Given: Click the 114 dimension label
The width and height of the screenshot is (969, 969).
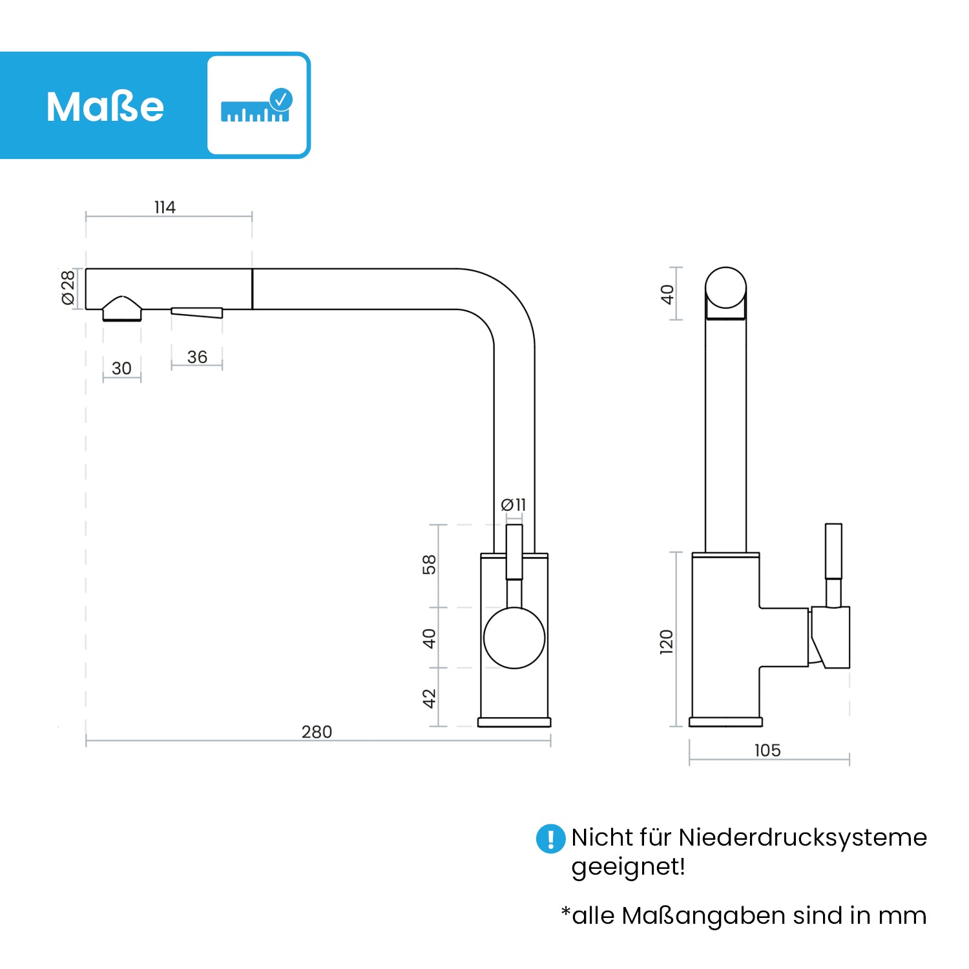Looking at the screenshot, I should pos(165,207).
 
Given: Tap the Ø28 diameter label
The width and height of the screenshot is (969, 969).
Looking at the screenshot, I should pos(68,287).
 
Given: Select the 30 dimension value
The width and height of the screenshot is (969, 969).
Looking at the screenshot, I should pos(121,368).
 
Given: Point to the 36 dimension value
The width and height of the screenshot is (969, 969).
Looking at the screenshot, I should pos(197,357).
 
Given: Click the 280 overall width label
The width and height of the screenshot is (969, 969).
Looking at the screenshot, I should pos(317,732).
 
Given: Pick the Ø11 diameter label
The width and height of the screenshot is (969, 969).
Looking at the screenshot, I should pos(514,505).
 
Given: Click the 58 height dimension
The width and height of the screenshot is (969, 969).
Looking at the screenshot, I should pos(430,565).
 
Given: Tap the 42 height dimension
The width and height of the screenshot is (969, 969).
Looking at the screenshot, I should pos(430,698).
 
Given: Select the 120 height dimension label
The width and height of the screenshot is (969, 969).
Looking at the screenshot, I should pos(667,642).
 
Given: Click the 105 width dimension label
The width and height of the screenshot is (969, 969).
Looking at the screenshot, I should pos(767,751).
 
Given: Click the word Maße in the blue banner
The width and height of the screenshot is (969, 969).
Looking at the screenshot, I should pos(105,107).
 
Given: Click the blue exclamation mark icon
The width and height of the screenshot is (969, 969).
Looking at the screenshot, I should pos(550,839).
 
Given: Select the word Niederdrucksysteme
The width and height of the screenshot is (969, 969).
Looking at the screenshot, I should pos(802,838).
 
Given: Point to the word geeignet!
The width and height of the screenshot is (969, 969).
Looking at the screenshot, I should pos(628,867).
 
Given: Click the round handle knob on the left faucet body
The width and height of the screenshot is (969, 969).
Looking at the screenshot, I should pos(514,638).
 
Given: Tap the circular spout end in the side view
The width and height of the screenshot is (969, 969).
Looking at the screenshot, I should pos(725,288).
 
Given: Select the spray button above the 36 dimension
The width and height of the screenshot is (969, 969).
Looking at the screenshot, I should pos(197,313).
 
